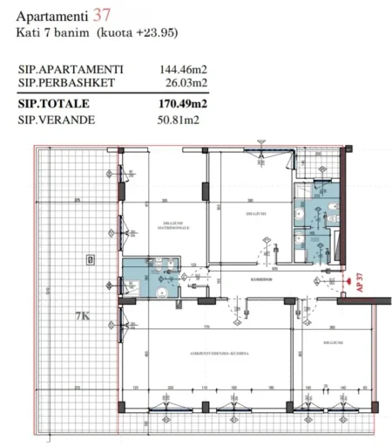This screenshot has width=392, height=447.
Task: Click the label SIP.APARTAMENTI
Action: click(71, 70)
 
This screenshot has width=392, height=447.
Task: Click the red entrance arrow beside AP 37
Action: click(348, 282)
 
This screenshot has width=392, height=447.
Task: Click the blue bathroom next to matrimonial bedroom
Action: click(152, 279)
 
